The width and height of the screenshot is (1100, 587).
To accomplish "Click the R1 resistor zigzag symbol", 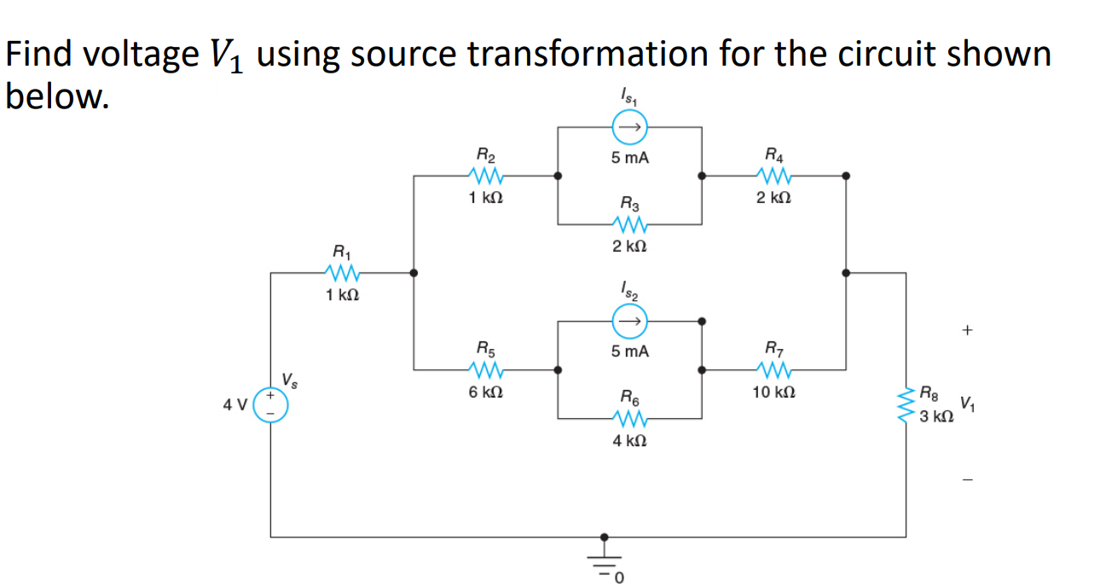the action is (341, 274).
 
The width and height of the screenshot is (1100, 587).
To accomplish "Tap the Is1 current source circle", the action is (629, 128).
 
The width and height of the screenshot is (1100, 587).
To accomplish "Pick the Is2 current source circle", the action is (629, 322).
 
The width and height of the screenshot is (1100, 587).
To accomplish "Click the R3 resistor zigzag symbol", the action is (629, 225).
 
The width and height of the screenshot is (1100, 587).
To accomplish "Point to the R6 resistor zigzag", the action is (629, 418).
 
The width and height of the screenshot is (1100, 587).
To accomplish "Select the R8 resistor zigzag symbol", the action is (906, 405).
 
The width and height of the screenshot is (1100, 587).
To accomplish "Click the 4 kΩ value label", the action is (629, 441).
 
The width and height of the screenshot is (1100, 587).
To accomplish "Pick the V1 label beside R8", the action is (967, 404).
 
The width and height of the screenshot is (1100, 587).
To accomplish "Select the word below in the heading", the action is (56, 96).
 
